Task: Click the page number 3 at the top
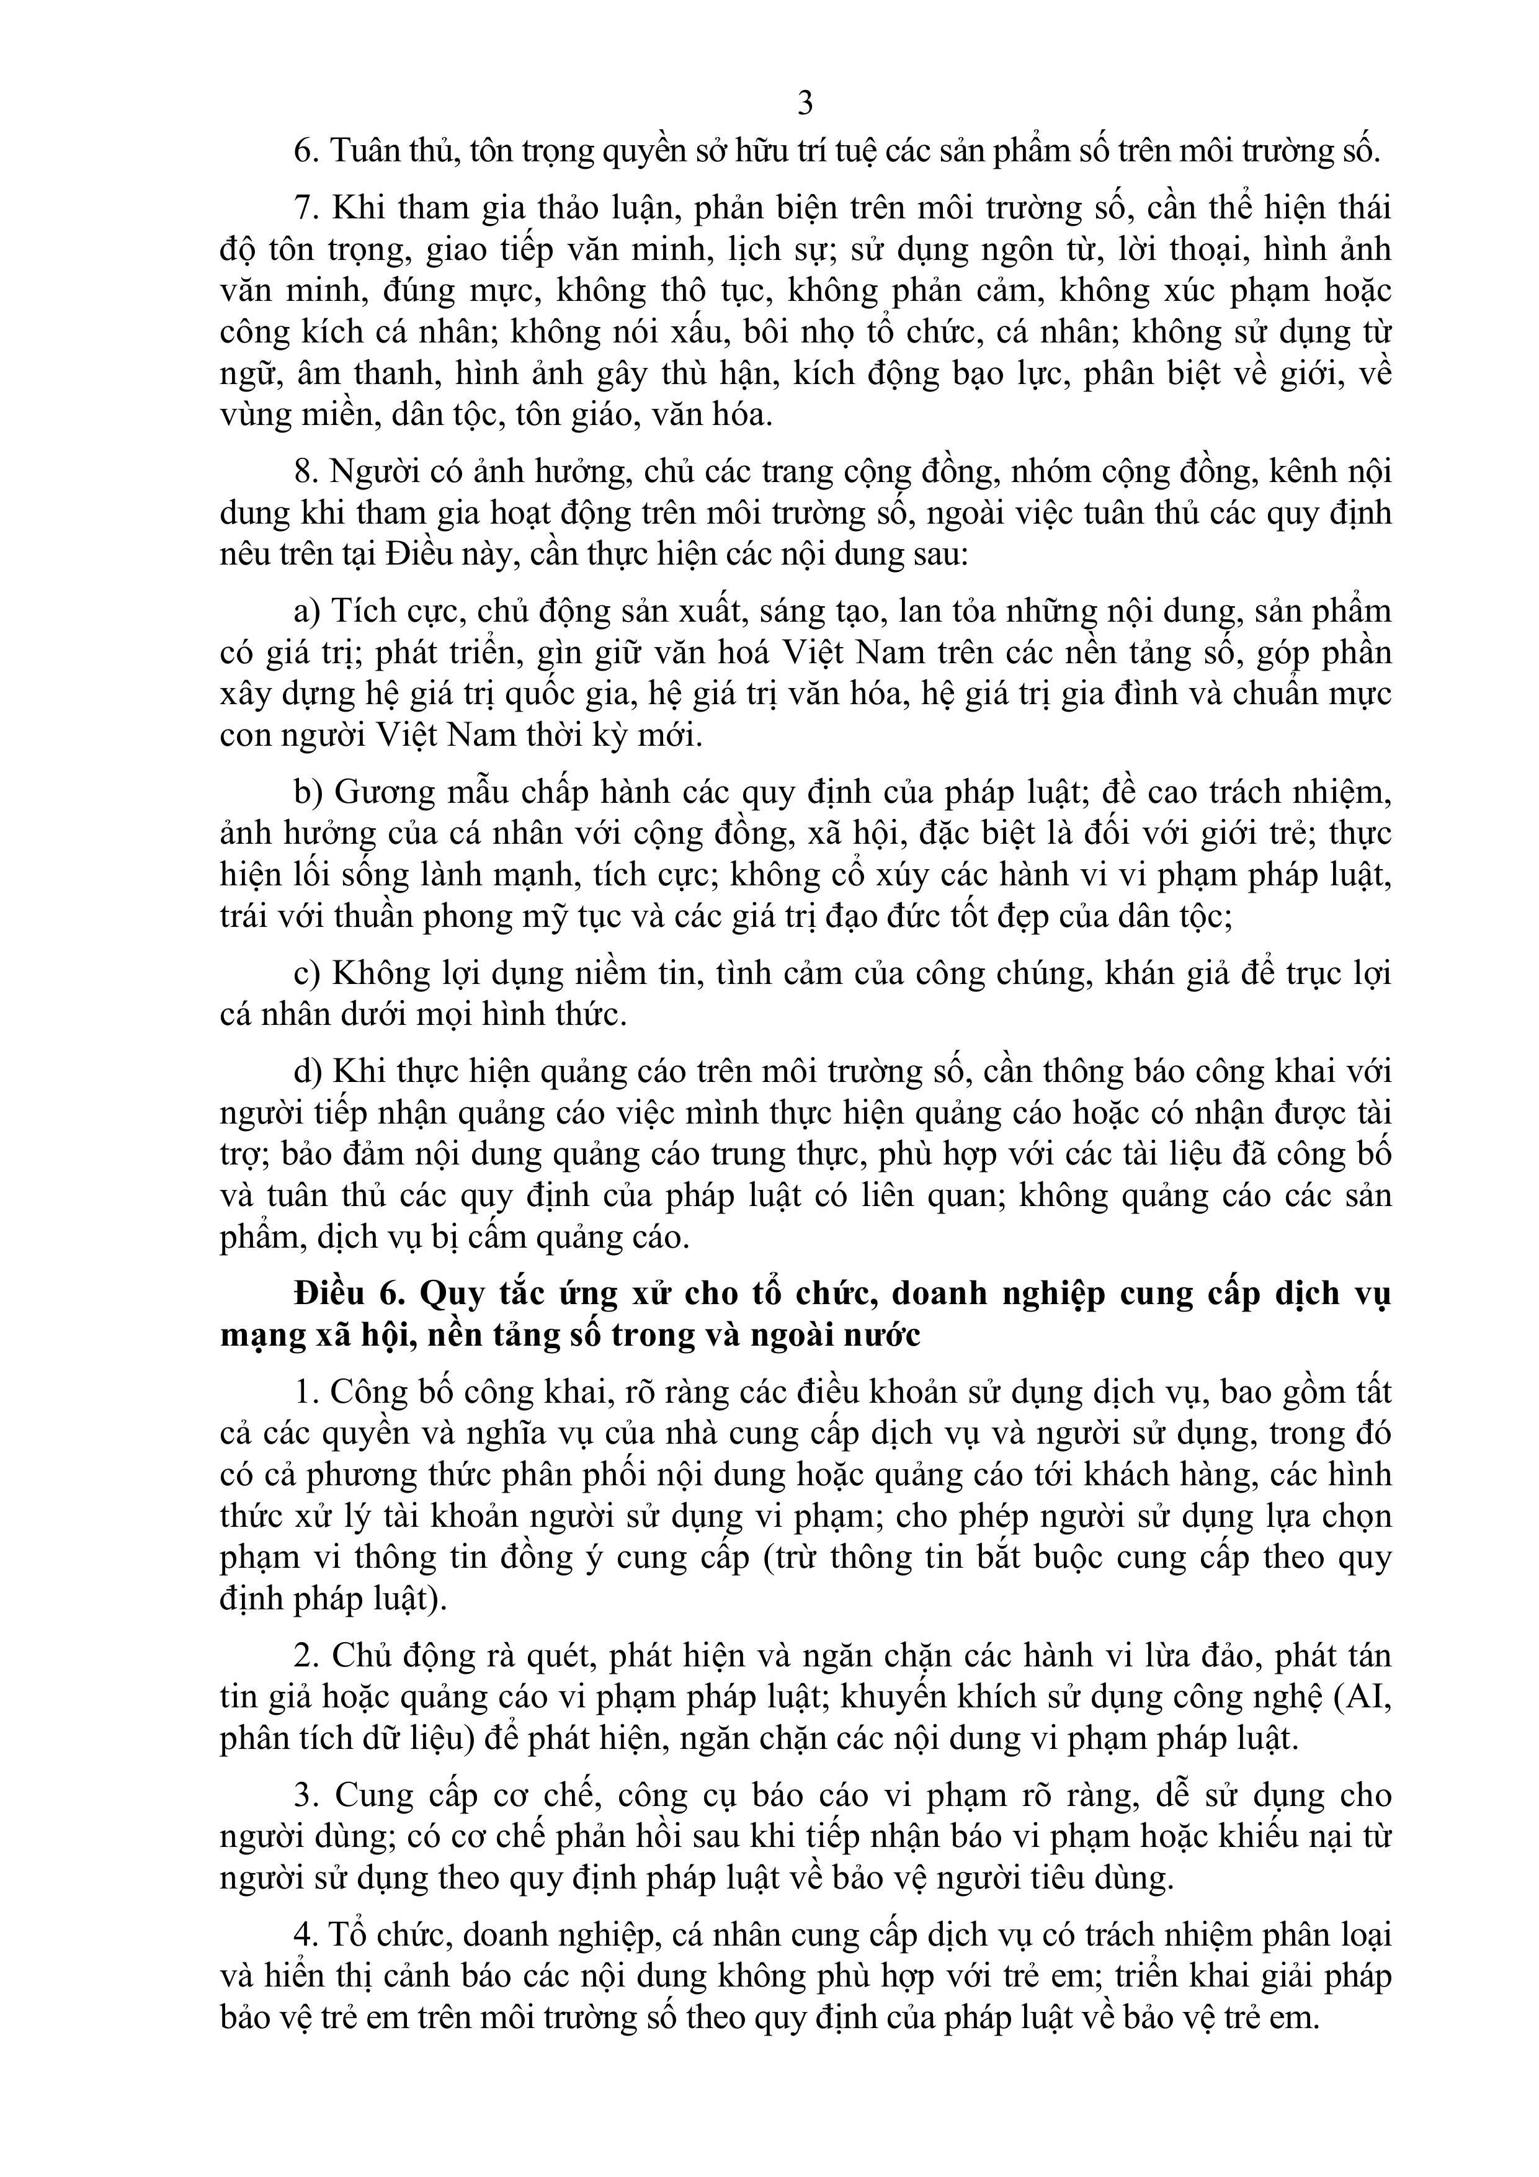click(805, 102)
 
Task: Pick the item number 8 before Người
click(303, 472)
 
